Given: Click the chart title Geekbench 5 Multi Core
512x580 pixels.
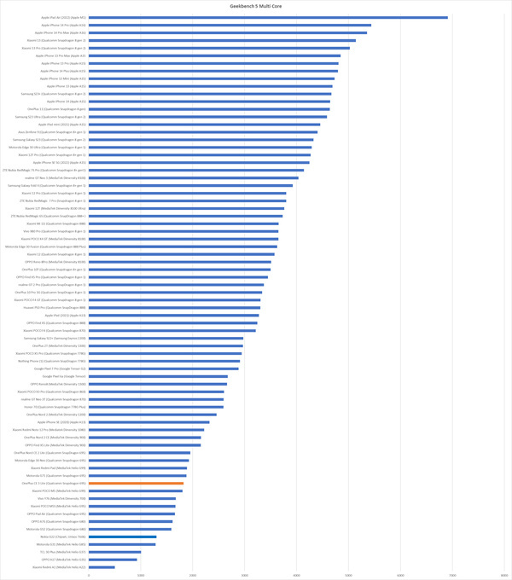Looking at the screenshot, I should pos(258,5).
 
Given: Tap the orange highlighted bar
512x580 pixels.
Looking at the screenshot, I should pos(136,483).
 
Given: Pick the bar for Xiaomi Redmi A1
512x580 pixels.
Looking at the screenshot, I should pos(102,566).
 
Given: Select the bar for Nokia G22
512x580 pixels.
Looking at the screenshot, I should pos(122,536).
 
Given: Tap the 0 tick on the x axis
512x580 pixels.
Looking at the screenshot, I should pos(89,575).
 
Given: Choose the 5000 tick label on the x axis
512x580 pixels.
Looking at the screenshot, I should pos(349,575).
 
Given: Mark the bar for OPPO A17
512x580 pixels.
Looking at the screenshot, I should pos(113,559).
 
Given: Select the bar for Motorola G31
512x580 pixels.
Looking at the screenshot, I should pos(122,544).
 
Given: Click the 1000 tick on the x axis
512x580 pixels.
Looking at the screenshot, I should pos(141,575).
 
